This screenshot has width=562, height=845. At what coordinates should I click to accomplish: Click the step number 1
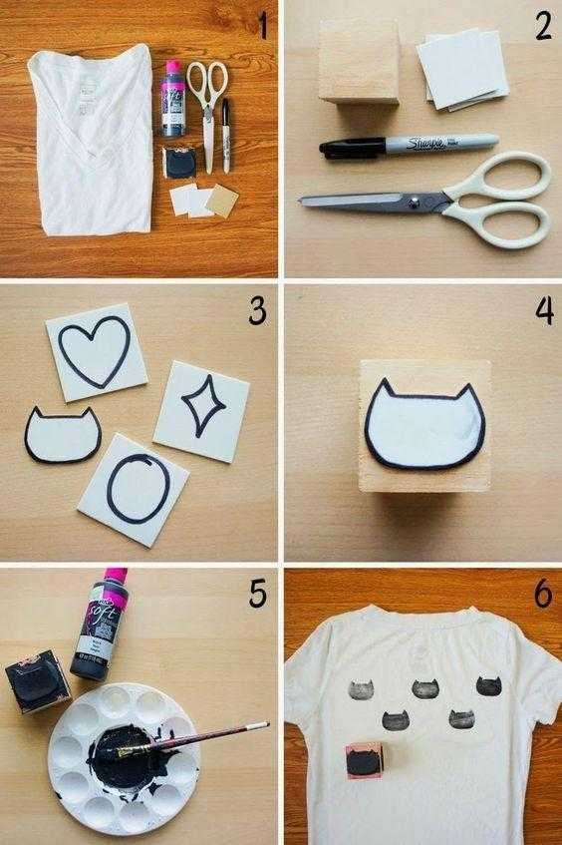point(262,26)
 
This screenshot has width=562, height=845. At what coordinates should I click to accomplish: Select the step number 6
point(542,594)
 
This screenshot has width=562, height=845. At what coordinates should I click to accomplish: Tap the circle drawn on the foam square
point(135,488)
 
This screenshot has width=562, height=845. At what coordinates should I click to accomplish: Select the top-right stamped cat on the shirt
point(488,685)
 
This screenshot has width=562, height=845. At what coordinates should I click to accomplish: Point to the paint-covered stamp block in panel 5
point(40,685)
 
